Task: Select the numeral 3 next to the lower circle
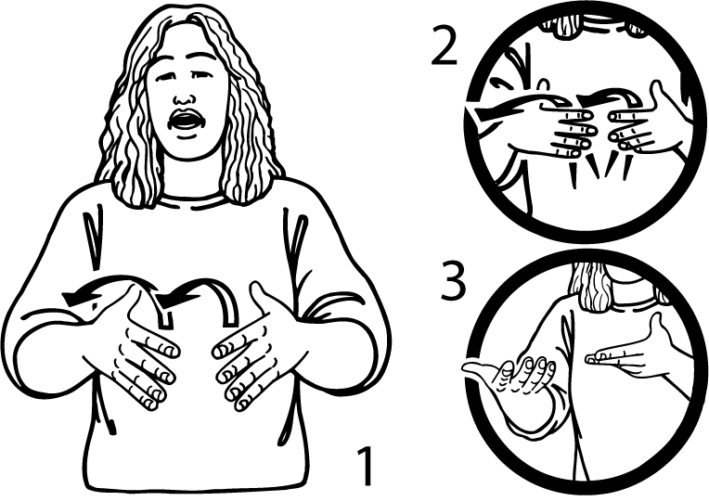(453, 281)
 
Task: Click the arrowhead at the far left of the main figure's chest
(73, 299)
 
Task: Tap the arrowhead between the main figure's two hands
(170, 300)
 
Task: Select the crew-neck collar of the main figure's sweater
(189, 201)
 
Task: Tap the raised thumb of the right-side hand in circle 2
(656, 92)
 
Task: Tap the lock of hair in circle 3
(591, 289)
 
